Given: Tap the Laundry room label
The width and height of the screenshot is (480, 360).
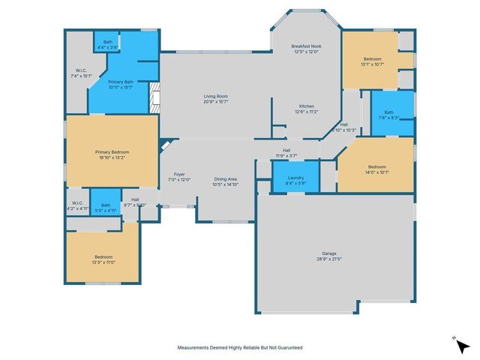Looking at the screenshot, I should [x=296, y=178].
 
